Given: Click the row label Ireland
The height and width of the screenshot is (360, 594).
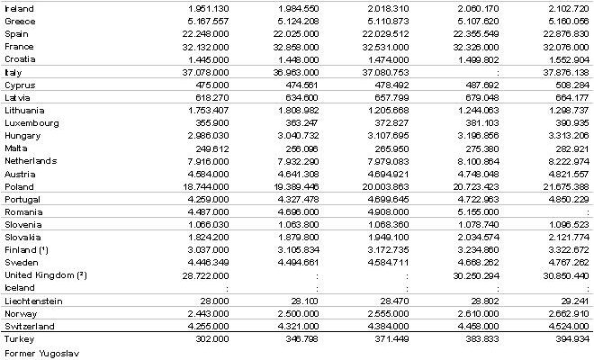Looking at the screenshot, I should pos(19,8).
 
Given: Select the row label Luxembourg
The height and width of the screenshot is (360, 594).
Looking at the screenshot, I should pos(30,122).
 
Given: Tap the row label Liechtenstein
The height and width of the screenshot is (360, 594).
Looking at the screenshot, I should pos(31,301).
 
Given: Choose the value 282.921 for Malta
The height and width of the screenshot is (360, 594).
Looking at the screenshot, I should pos(571,148).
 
